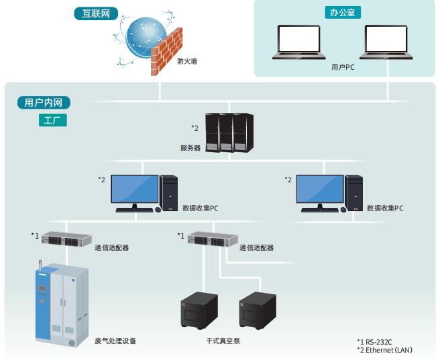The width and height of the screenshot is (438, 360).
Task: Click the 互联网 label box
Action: [x=91, y=13]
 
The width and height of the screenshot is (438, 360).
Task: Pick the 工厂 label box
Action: [x=52, y=121]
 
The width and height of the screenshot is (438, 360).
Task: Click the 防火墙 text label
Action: [x=187, y=61]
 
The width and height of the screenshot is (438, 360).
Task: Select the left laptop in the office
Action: [x=299, y=43]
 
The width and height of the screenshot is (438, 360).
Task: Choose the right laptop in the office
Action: [x=385, y=43]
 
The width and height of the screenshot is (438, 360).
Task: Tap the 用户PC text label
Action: [x=343, y=68]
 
